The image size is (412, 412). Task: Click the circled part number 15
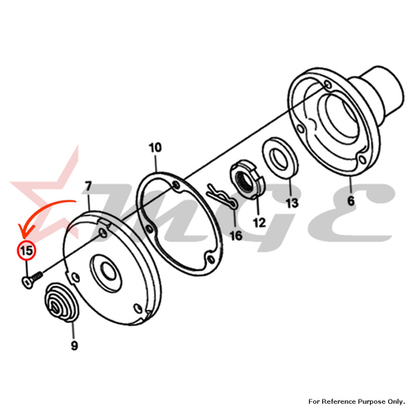(26, 250)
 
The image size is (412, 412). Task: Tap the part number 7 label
(88, 187)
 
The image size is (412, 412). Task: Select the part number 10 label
(155, 147)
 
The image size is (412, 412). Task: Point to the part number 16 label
(236, 236)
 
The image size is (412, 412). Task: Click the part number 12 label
(260, 222)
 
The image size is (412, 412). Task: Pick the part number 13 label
(292, 204)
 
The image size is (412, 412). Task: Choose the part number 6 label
(351, 201)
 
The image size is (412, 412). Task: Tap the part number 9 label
(74, 345)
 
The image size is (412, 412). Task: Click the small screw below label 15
(31, 279)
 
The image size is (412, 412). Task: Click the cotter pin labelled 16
(221, 195)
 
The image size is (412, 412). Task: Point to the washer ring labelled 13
(280, 158)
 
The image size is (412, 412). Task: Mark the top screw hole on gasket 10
(176, 185)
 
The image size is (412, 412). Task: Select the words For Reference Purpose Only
(357, 401)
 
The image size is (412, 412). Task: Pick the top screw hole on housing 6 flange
(327, 84)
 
